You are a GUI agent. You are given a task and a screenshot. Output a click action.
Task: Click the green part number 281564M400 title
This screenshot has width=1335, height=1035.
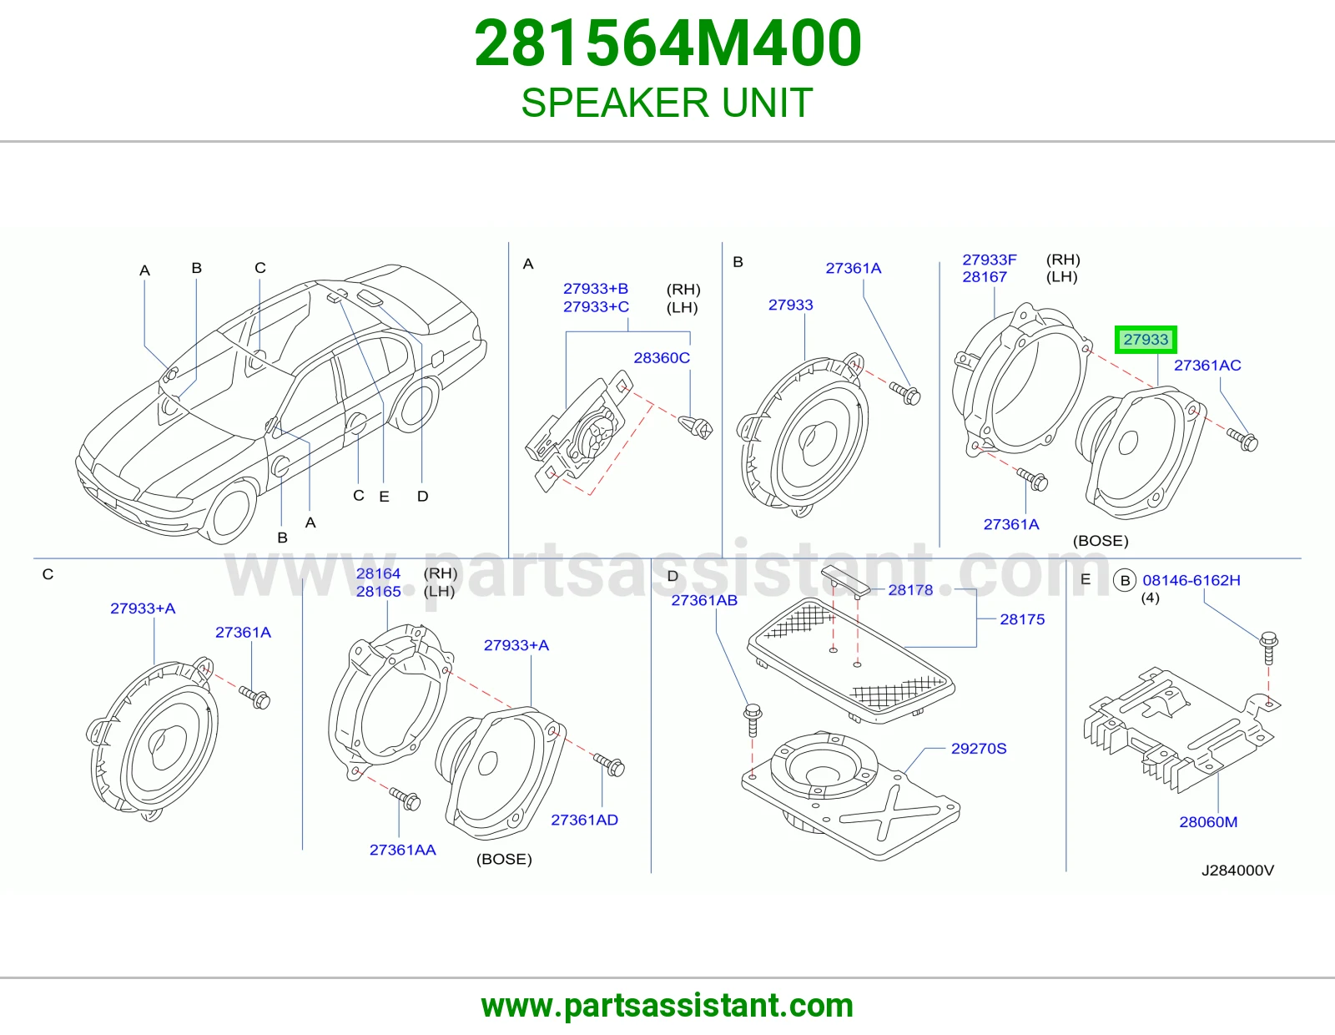pos(667,43)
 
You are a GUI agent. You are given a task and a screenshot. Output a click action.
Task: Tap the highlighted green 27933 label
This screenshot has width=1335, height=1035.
pos(1146,339)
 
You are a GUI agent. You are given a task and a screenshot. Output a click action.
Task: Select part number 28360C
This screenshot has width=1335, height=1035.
pos(662,358)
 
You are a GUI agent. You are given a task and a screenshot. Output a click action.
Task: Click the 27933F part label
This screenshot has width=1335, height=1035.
pos(989,260)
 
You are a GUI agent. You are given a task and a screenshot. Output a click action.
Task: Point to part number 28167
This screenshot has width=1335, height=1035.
pos(985,276)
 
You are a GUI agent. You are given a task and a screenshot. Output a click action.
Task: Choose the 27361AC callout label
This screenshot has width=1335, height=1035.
pos(1207,365)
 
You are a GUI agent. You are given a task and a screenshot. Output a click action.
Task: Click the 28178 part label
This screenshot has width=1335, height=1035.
pos(910,590)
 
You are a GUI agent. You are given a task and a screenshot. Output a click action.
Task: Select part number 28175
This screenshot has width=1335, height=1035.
pos(1022,619)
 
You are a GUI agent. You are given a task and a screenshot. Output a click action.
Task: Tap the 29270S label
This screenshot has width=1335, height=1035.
pos(979,749)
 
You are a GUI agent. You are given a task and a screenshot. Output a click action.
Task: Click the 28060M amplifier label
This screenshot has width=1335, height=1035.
pos(1208,821)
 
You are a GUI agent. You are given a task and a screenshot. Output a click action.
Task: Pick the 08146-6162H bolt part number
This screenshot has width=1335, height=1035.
pos(1191,580)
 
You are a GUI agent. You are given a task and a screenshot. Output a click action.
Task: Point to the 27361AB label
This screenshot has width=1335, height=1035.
pos(704,600)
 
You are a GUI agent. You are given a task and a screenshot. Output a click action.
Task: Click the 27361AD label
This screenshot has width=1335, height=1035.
pos(584,820)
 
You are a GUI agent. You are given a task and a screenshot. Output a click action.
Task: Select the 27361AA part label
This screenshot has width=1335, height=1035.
pos(402,850)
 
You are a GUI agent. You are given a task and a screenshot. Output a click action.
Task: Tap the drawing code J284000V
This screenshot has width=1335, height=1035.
pos(1237,871)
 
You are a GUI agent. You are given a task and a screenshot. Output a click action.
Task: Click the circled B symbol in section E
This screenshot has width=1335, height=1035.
pos(1125,581)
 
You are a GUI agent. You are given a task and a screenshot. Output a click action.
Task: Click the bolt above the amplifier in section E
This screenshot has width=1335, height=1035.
pos(1268,648)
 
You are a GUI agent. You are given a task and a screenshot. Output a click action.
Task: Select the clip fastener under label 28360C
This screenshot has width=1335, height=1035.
pos(695,427)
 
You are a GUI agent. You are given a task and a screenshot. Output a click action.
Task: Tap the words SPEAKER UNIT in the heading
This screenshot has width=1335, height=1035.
pos(667,103)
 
